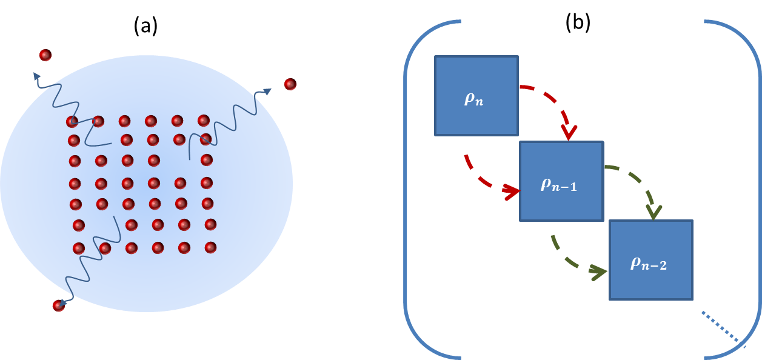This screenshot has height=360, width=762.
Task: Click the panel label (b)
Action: (x=578, y=22)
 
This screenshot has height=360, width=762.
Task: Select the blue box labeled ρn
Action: (x=476, y=95)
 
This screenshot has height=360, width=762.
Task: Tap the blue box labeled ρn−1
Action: (x=561, y=181)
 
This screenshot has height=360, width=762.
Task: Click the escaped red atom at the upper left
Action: (x=45, y=55)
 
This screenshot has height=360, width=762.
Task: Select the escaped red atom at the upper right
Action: (x=290, y=84)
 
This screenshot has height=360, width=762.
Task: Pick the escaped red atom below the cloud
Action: (x=59, y=305)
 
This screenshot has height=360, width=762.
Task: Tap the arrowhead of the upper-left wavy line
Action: (x=37, y=76)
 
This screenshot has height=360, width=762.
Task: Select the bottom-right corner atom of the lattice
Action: (x=210, y=247)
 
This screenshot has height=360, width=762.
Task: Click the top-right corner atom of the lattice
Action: (x=204, y=121)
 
